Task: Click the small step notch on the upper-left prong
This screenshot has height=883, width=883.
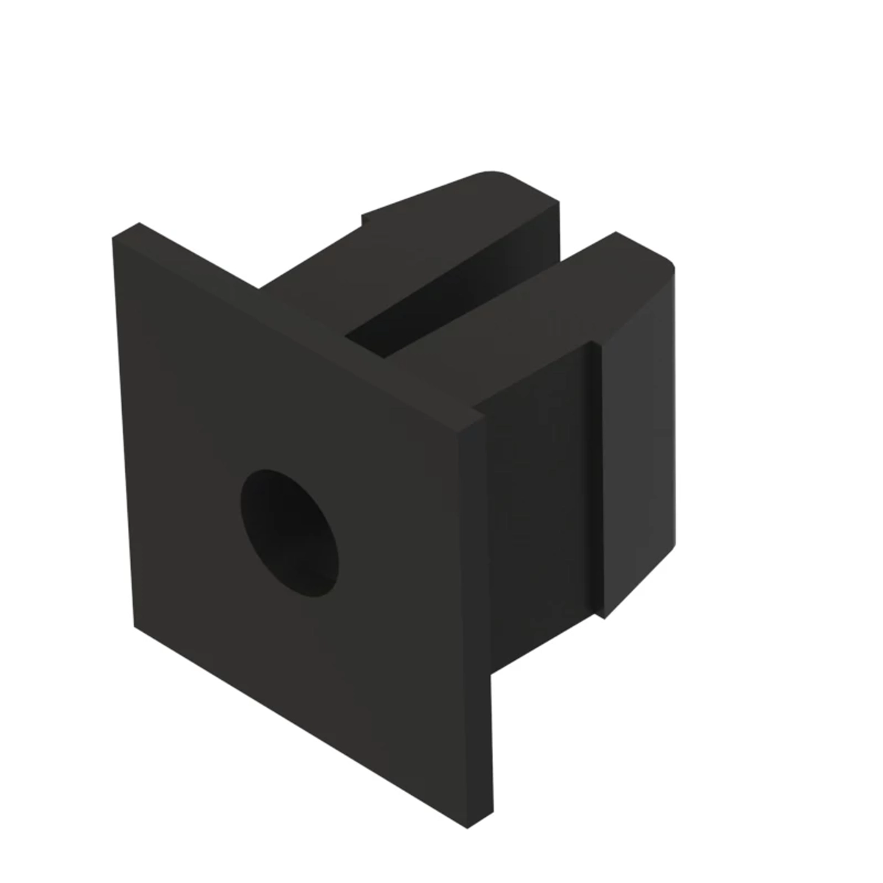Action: pos(363,219)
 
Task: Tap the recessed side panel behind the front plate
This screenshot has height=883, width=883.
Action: pos(537,515)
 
